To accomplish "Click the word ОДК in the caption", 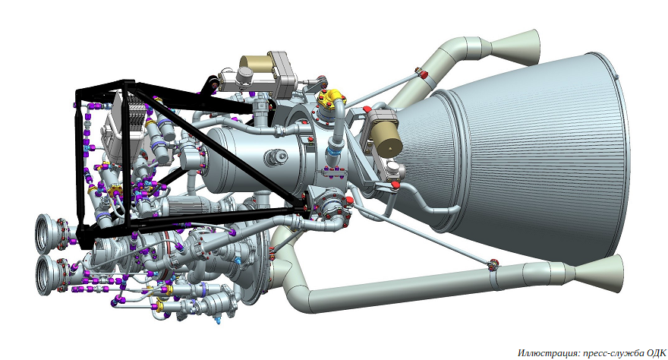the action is click(655, 352).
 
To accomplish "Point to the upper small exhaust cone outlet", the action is click(518, 46).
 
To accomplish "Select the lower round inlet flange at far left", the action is click(50, 275).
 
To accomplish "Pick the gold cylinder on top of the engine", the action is click(256, 64).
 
